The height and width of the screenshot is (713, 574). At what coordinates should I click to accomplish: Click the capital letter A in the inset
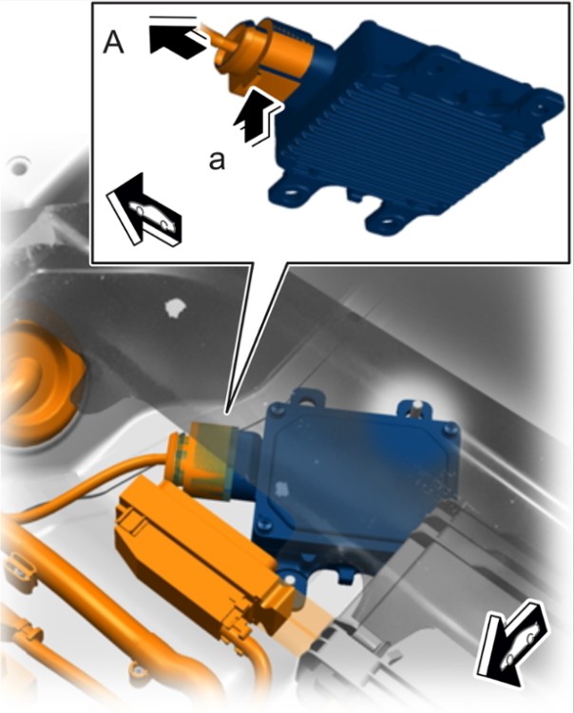click(x=113, y=44)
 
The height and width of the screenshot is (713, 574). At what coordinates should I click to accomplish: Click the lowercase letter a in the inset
click(x=217, y=160)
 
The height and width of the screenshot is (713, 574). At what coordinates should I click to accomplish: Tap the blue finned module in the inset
click(x=413, y=127)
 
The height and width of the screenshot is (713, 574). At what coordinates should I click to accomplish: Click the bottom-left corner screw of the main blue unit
click(x=263, y=525)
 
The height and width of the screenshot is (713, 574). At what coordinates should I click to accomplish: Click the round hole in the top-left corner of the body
click(x=19, y=166)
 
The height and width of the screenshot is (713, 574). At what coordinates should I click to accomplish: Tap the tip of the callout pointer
click(x=226, y=414)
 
